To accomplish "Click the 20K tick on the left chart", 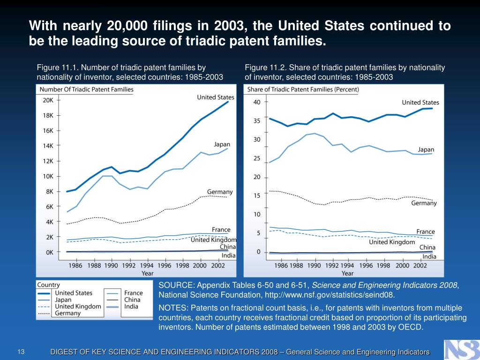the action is [x=48, y=100].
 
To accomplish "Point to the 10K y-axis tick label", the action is [x=48, y=177].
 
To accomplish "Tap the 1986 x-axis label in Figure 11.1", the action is [x=75, y=265].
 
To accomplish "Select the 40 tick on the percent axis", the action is [x=257, y=102].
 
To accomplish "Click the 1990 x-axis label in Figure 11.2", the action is [x=314, y=265].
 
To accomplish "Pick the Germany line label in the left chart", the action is [x=220, y=192].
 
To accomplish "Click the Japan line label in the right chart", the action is [x=426, y=150].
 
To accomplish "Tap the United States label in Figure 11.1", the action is [x=216, y=97].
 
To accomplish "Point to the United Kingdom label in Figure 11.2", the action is [x=392, y=242].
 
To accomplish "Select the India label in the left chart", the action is [x=229, y=255].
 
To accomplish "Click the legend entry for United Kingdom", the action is [x=78, y=307].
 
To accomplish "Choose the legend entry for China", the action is [x=132, y=300].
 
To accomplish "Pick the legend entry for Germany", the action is [x=67, y=313].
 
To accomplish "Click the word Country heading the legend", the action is [x=48, y=285].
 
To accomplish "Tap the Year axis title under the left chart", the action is [x=147, y=273].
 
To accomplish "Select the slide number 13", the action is [x=21, y=352].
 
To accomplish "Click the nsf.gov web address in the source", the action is [x=330, y=295].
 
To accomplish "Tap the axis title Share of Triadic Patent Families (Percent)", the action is [x=303, y=90].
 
